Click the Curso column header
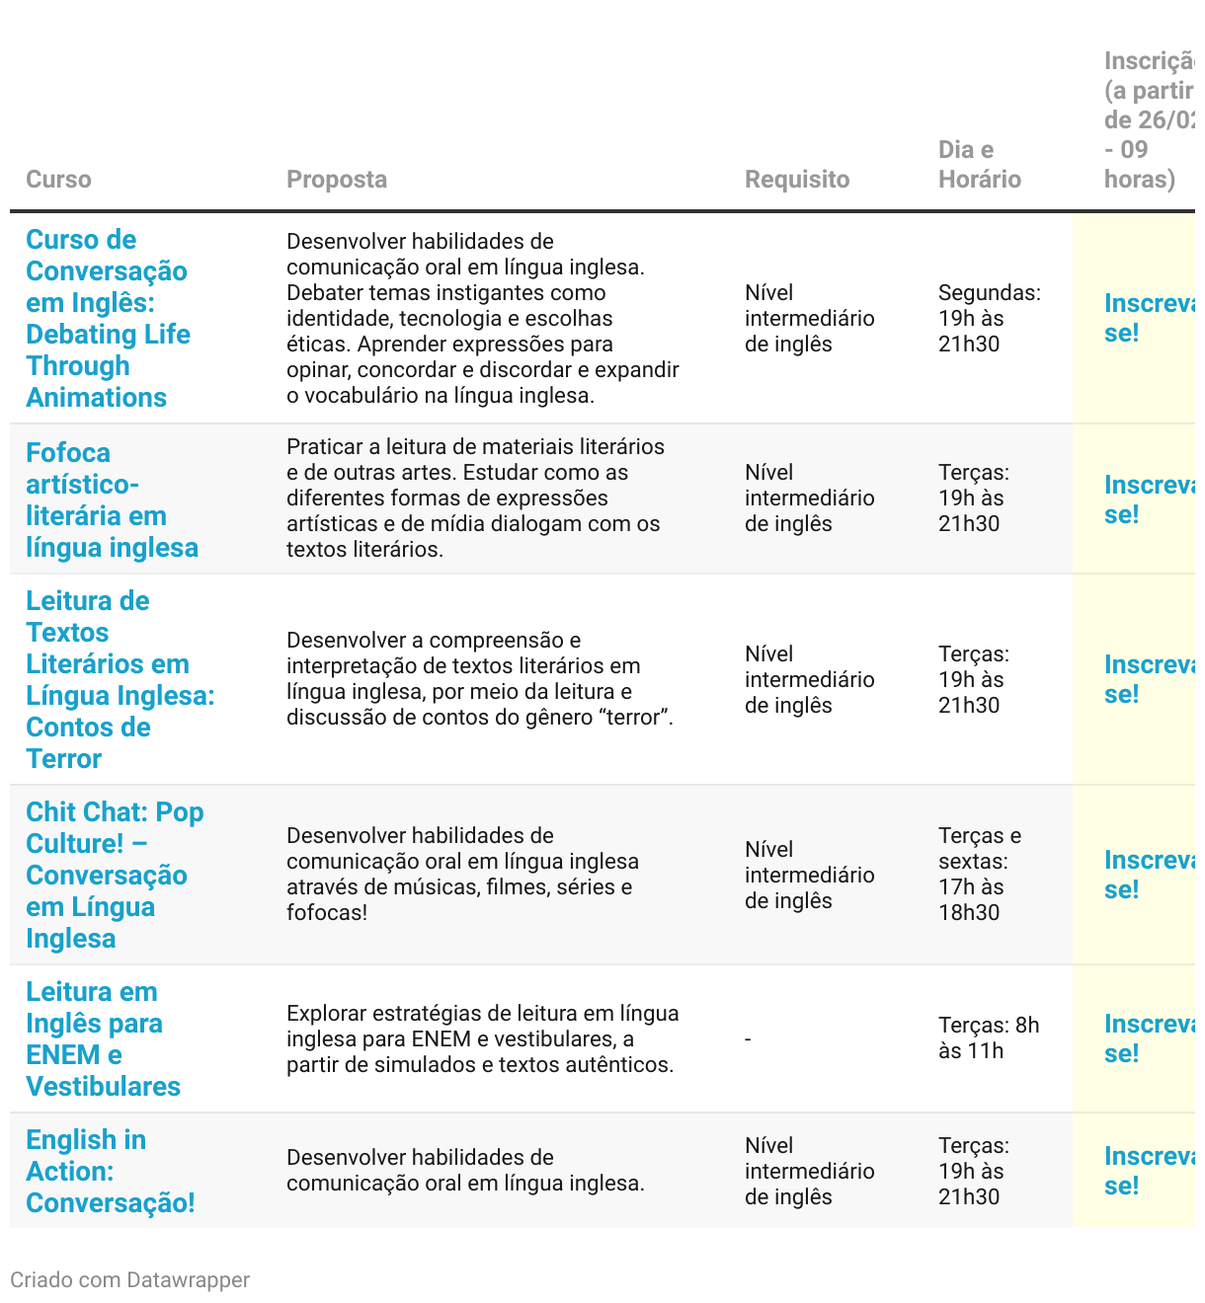(x=58, y=179)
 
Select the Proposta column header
(x=336, y=179)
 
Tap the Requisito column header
(x=796, y=179)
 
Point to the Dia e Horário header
(x=979, y=164)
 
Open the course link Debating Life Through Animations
(x=107, y=318)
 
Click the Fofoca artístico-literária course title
(x=112, y=499)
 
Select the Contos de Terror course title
(x=120, y=679)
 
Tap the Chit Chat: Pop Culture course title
(x=115, y=875)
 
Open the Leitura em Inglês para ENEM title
(x=103, y=1038)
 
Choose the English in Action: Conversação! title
(x=110, y=1171)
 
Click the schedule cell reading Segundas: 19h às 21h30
(x=989, y=318)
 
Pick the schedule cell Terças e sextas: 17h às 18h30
(x=979, y=874)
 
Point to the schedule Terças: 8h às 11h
(x=988, y=1037)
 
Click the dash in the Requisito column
(x=748, y=1039)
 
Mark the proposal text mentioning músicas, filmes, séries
(x=462, y=874)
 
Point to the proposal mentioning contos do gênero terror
(x=480, y=679)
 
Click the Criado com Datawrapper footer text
(x=129, y=1279)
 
